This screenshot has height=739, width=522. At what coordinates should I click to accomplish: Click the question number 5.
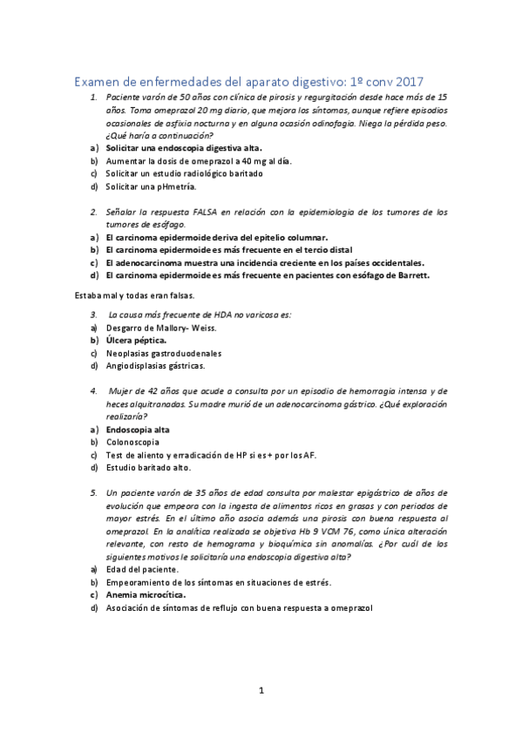click(93, 492)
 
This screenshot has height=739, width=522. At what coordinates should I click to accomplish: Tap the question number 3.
click(93, 314)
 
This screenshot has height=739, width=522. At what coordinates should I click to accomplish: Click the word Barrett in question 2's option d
click(413, 275)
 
